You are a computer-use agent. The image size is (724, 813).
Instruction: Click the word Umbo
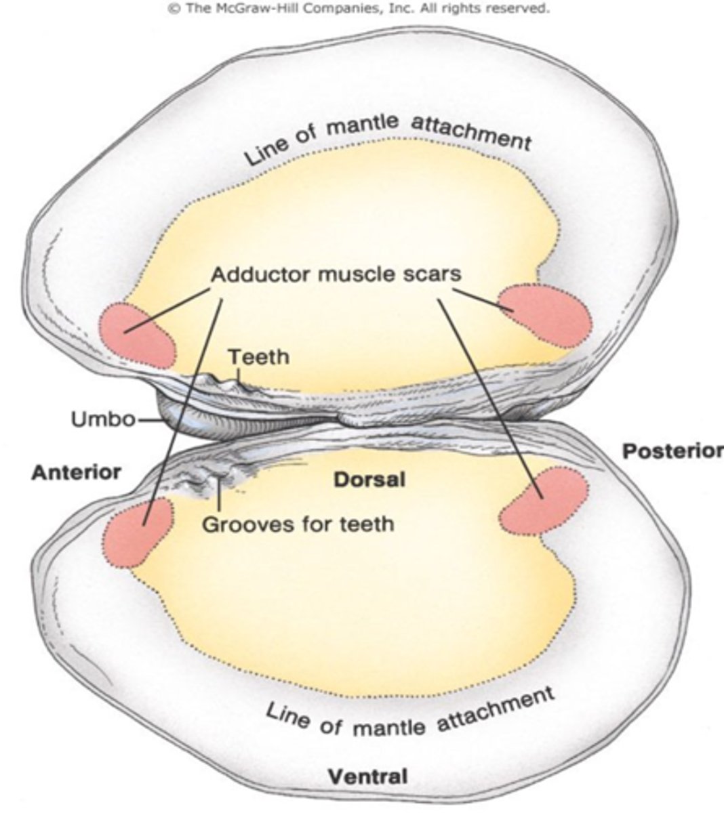tap(104, 419)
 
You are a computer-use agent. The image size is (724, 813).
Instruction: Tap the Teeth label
tap(258, 357)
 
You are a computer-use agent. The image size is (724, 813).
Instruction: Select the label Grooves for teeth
tap(298, 523)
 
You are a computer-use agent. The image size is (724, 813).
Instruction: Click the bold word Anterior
tap(76, 472)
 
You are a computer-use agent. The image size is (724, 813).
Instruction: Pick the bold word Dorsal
tap(369, 480)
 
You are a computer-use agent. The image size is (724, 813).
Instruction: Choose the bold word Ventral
tap(368, 776)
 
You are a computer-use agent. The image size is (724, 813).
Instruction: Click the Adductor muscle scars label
tap(336, 274)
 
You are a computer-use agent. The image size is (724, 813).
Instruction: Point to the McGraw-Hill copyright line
tap(359, 9)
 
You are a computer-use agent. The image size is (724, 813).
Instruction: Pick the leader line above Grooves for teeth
tap(220, 497)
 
